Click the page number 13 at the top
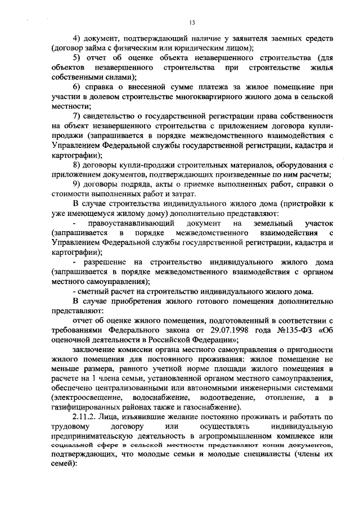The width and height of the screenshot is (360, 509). [x=191, y=22]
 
